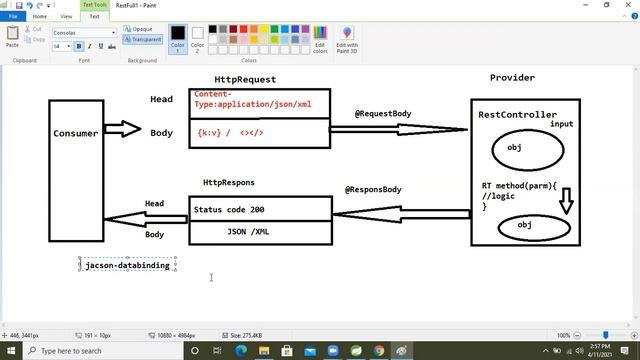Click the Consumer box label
(x=76, y=133)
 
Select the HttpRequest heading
(x=245, y=79)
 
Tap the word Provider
(x=512, y=77)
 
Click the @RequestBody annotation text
(x=383, y=114)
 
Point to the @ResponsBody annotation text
(x=373, y=189)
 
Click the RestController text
(x=517, y=115)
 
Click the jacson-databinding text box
(x=128, y=265)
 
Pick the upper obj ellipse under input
(x=514, y=147)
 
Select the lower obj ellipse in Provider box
(x=525, y=225)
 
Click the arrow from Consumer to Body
(x=123, y=130)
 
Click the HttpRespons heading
(x=228, y=183)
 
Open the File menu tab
(x=14, y=16)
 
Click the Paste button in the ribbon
(x=12, y=38)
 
